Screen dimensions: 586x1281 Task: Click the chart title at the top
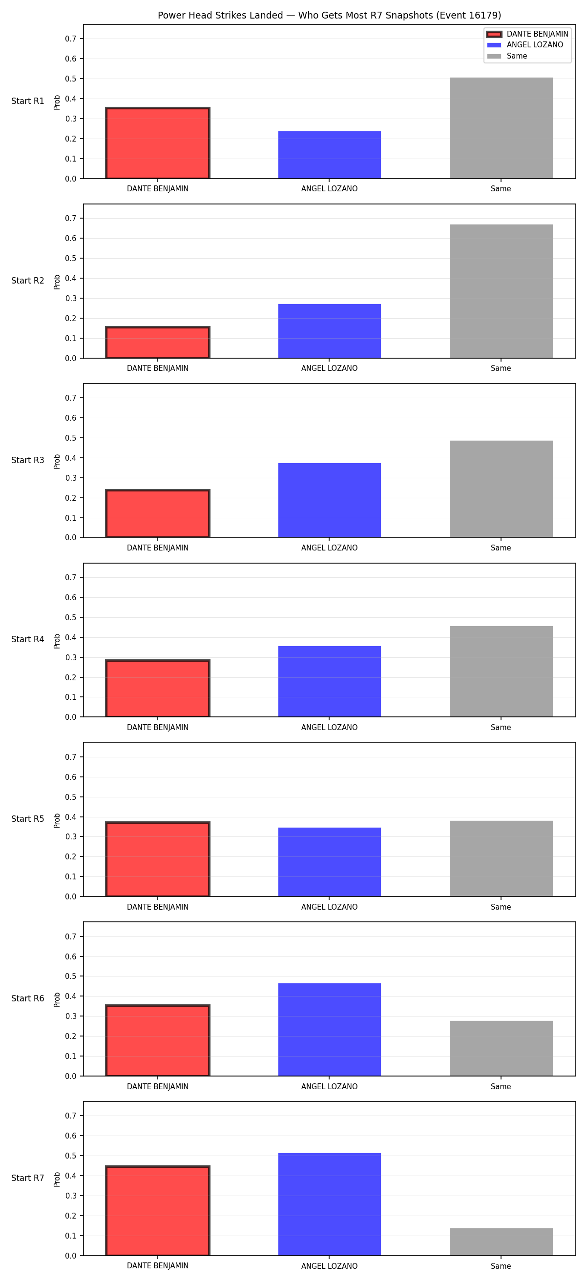329,16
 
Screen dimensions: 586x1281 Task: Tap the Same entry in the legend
507,56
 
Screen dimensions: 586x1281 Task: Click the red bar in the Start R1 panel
158,142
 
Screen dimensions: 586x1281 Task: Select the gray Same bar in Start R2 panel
502,291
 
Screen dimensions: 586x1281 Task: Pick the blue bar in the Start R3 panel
329,500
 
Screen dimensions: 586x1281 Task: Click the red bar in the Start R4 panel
158,688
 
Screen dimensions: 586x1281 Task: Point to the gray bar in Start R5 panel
502,859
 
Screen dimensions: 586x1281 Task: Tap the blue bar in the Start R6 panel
329,1030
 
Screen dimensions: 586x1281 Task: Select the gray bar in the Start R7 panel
502,1242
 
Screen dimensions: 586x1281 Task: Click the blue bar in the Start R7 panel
329,1204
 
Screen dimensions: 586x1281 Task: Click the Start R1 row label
28,101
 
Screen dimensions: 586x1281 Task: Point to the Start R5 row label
28,819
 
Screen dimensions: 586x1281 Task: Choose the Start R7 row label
28,1178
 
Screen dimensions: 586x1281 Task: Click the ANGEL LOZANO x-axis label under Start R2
329,368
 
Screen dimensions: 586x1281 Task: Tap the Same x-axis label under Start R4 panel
501,728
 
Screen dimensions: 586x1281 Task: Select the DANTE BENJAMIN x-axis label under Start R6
158,1087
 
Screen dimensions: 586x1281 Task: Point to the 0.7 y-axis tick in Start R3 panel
71,398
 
